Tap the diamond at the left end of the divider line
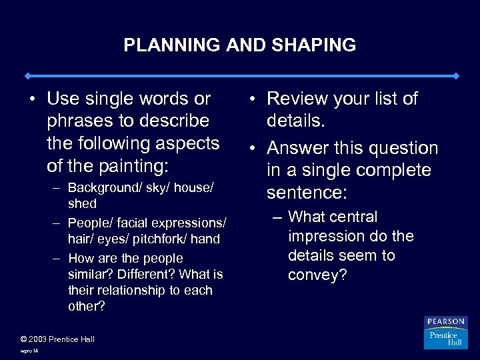[26, 75]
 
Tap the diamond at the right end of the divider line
[456, 75]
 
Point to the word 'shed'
[82, 204]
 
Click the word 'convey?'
[317, 275]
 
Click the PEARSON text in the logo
[446, 322]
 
